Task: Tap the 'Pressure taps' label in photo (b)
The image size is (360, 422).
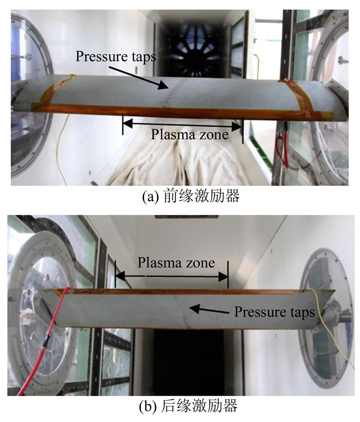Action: point(274,312)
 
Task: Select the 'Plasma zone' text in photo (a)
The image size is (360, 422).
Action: point(190,134)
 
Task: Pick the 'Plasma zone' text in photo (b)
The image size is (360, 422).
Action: point(176,263)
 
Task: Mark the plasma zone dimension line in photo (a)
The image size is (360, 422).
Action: point(182,124)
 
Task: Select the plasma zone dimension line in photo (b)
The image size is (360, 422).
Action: point(171,276)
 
